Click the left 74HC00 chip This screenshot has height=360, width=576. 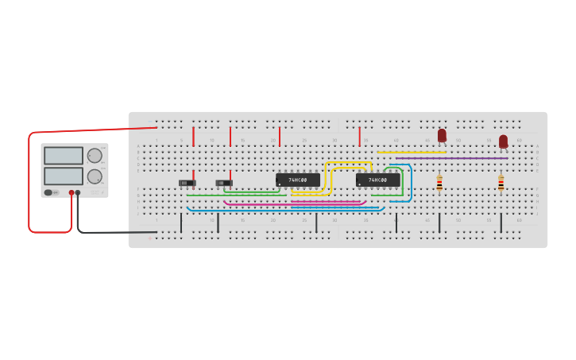pos(297,180)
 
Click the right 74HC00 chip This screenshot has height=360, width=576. pos(377,180)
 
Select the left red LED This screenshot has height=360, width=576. pos(442,136)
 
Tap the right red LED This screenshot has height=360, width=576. pos(503,141)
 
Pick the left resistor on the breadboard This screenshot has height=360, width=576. pos(439,184)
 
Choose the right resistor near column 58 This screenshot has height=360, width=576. pos(501,184)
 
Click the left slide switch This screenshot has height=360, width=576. pos(187,183)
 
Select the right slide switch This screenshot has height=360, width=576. pos(224,183)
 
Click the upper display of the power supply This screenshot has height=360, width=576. pos(63,156)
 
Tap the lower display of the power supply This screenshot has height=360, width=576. pos(63,176)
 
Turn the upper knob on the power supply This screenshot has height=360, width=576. pos(95,156)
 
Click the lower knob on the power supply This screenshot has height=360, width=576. pos(95,176)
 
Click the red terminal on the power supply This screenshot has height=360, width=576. pos(72,192)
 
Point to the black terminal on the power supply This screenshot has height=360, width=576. pos(78,192)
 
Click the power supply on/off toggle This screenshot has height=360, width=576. pos(48,192)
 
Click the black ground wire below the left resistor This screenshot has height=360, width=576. pos(439,223)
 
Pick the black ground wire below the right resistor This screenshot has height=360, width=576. pos(501,223)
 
